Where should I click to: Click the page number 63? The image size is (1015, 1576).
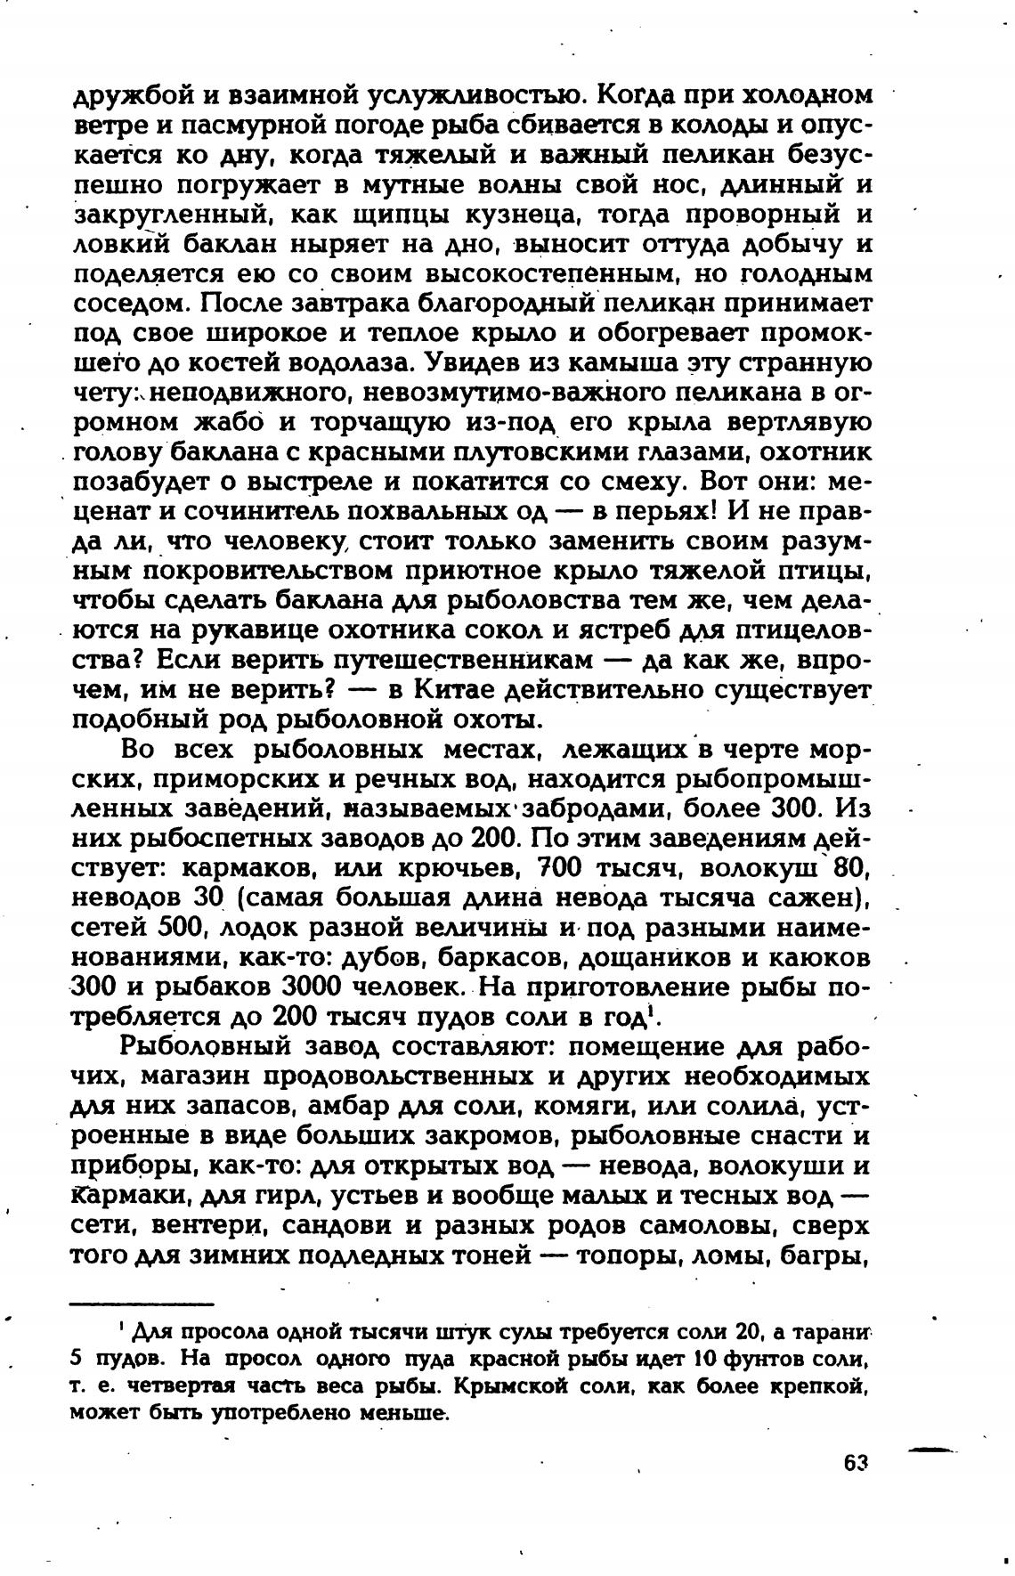pyautogui.click(x=854, y=1463)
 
